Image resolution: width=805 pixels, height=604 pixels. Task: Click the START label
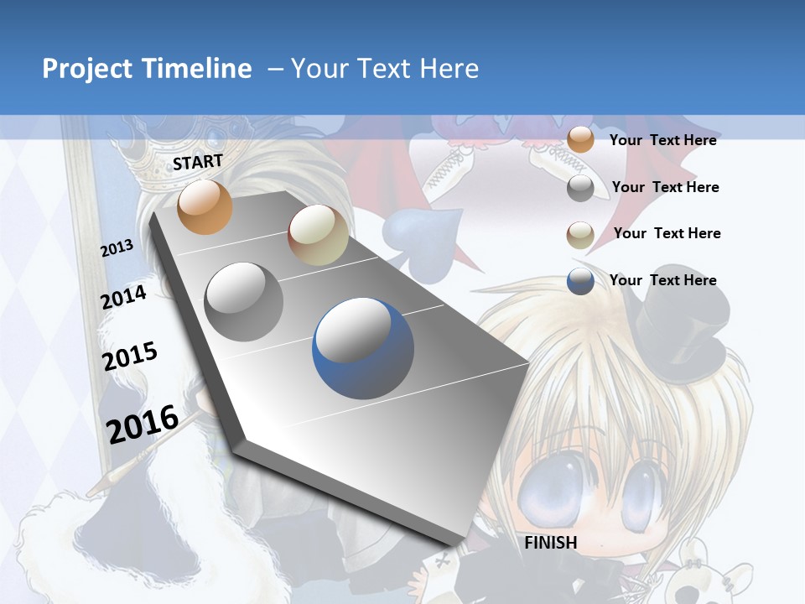click(198, 162)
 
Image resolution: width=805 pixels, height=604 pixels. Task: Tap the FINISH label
click(551, 543)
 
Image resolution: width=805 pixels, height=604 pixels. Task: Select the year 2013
click(117, 248)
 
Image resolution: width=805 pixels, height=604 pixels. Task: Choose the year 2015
click(130, 357)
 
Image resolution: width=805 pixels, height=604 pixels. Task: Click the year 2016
click(143, 423)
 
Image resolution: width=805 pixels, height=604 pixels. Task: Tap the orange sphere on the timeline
click(205, 206)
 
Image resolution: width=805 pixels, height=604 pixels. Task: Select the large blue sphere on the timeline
click(363, 349)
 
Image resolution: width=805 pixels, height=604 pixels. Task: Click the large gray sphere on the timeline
click(244, 301)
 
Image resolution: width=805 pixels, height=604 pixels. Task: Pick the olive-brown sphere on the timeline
click(318, 235)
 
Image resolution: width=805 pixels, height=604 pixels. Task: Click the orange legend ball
click(580, 140)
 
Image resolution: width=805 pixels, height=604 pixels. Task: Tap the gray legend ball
click(580, 188)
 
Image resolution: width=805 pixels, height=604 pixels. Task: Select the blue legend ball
click(580, 281)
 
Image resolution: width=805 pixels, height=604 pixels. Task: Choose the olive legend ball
click(580, 235)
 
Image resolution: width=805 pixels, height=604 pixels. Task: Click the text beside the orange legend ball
click(662, 140)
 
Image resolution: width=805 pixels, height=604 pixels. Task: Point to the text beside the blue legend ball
click(662, 280)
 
